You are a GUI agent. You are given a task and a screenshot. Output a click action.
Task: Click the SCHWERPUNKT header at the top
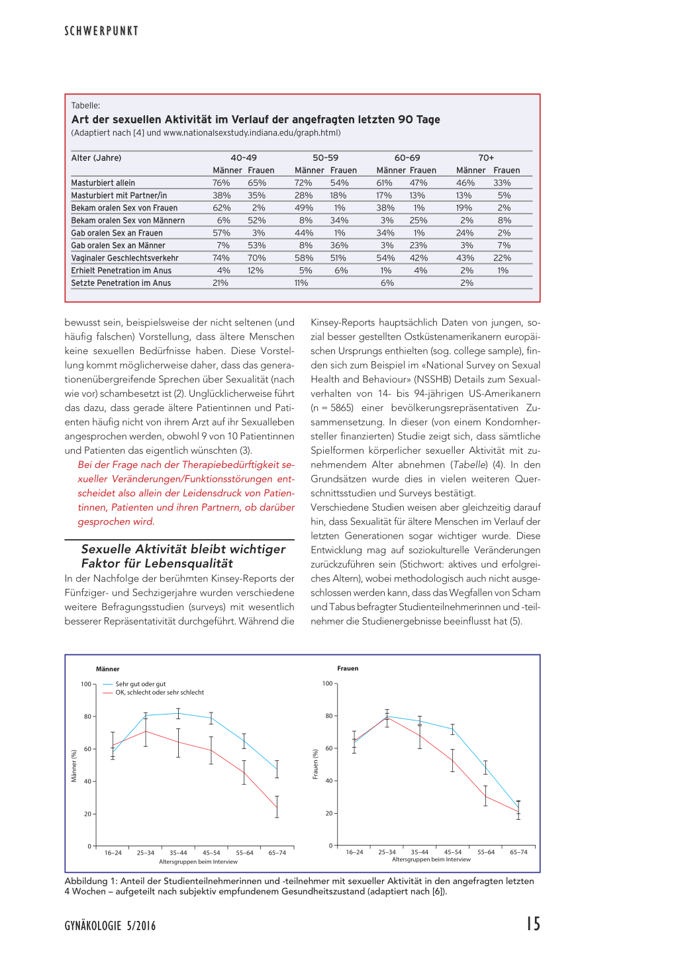pos(101,31)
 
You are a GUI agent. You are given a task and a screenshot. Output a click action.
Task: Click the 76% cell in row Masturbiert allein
pos(221,183)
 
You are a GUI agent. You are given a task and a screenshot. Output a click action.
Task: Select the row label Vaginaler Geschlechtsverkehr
pos(125,258)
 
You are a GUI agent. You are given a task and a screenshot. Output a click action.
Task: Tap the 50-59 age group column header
pos(325,158)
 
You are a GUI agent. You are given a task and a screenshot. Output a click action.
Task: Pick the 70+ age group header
pos(486,158)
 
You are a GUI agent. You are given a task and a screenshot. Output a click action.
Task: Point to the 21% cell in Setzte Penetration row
pos(220,283)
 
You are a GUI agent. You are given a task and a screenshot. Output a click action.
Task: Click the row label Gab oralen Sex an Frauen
pos(117,233)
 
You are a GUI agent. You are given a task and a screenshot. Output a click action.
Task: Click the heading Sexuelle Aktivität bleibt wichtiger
pos(183,549)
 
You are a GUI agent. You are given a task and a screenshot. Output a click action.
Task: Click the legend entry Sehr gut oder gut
pos(140,684)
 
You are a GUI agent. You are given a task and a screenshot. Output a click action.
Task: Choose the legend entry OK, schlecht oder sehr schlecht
pos(160,693)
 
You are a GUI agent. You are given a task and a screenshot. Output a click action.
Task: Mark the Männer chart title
pos(108,669)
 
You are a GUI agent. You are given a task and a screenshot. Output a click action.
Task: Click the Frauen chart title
pos(348,668)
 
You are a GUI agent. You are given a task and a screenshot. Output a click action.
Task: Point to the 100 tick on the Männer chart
pos(86,684)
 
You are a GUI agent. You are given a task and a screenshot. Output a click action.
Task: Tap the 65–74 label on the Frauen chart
pos(518,852)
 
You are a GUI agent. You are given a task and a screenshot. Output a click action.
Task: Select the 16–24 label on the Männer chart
pos(113,853)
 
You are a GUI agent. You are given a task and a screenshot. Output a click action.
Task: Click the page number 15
pos(533,924)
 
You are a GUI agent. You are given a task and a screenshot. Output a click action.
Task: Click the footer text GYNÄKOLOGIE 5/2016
pos(110,926)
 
